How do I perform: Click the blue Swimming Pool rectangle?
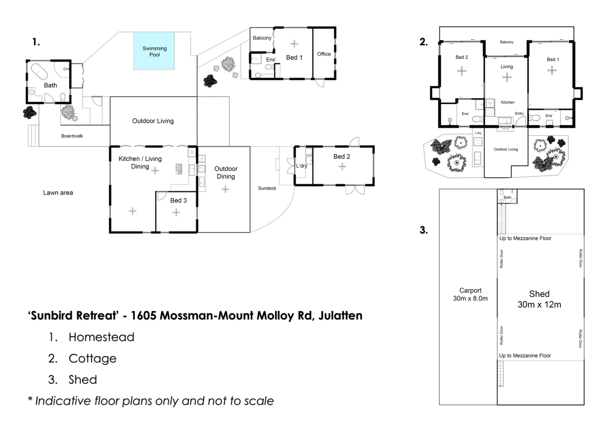pyautogui.click(x=154, y=51)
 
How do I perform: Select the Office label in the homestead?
pyautogui.click(x=324, y=54)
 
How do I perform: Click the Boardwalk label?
pyautogui.click(x=72, y=136)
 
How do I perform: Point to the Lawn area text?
pyautogui.click(x=58, y=192)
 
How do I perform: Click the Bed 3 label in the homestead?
pyautogui.click(x=179, y=200)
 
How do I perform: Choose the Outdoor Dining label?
pyautogui.click(x=226, y=172)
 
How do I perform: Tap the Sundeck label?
pyautogui.click(x=267, y=188)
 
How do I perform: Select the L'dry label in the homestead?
pyautogui.click(x=302, y=166)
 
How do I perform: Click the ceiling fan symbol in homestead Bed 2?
pyautogui.click(x=342, y=166)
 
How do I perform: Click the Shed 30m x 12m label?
pyautogui.click(x=539, y=299)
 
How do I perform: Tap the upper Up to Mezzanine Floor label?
pyautogui.click(x=525, y=238)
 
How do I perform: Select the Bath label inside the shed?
pyautogui.click(x=508, y=197)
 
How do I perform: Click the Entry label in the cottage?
pyautogui.click(x=519, y=114)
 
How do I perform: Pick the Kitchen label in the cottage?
pyautogui.click(x=508, y=102)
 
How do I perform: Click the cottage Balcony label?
pyautogui.click(x=506, y=42)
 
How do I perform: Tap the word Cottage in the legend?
pyautogui.click(x=93, y=358)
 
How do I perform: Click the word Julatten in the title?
pyautogui.click(x=340, y=316)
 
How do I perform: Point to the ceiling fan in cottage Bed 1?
pyautogui.click(x=552, y=71)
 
